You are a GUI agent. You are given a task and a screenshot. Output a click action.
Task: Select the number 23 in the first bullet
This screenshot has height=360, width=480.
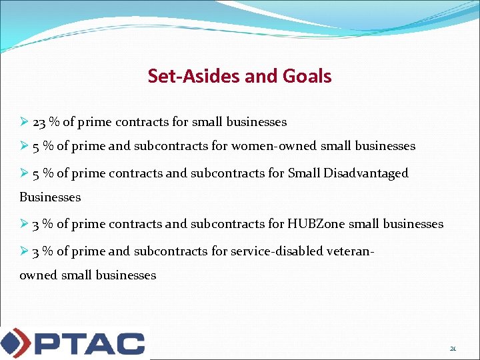point(39,122)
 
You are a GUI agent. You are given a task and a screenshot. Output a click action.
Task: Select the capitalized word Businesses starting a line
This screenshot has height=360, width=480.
point(50,197)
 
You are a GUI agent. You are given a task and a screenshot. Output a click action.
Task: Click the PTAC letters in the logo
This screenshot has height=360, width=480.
point(89,343)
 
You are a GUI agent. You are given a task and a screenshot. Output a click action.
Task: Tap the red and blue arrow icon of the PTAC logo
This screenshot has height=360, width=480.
point(15,343)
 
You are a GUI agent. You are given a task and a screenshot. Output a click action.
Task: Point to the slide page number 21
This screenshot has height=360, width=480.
point(453,349)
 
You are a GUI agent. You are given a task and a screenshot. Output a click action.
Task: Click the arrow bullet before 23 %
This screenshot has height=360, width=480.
point(24,122)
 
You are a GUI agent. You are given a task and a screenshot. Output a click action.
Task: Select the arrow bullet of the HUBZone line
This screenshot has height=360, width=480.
point(24,224)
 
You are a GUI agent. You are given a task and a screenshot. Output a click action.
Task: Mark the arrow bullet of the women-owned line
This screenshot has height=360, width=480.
point(24,146)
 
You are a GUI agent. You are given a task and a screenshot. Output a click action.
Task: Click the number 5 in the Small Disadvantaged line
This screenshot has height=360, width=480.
point(35,173)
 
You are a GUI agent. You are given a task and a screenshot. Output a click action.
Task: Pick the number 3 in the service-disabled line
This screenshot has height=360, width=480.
point(35,251)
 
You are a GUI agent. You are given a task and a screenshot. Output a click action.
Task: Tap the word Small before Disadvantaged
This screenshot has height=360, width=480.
point(304,173)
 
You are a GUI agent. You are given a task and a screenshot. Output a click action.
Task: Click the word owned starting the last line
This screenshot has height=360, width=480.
point(38,275)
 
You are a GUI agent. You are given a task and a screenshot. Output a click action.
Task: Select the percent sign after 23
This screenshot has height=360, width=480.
point(53,122)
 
